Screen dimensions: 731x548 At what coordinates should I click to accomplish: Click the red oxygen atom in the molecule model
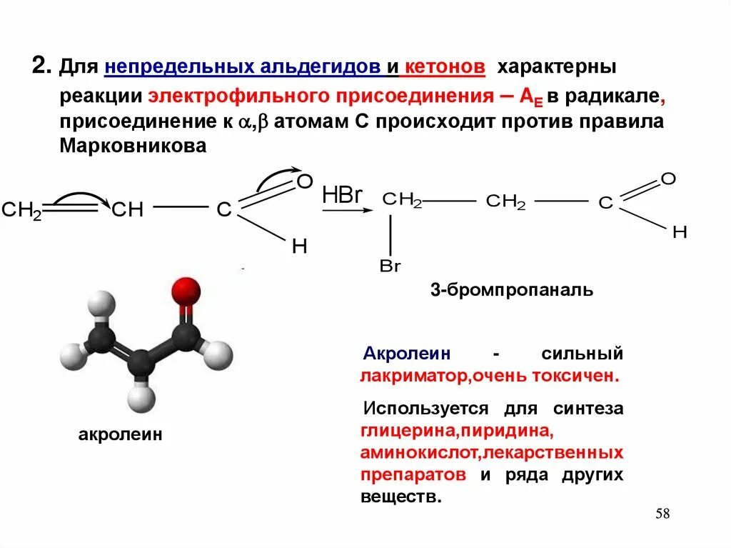point(186,290)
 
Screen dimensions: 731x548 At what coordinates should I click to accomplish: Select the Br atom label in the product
point(390,266)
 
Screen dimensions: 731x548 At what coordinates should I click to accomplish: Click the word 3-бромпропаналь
point(511,290)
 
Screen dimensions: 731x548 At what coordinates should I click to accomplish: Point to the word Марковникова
point(133,146)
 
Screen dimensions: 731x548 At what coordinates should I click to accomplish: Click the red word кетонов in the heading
point(445,68)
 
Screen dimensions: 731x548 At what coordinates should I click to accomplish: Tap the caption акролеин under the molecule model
point(120,434)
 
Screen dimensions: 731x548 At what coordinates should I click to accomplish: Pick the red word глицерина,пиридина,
point(457,431)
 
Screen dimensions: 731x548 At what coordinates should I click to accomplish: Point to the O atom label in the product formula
point(668,179)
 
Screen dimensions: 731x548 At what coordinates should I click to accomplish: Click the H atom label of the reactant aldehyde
point(299,246)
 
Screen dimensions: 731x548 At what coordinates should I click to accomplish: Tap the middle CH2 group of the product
point(505,202)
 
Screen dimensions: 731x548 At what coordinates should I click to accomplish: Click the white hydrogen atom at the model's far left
point(72,353)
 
